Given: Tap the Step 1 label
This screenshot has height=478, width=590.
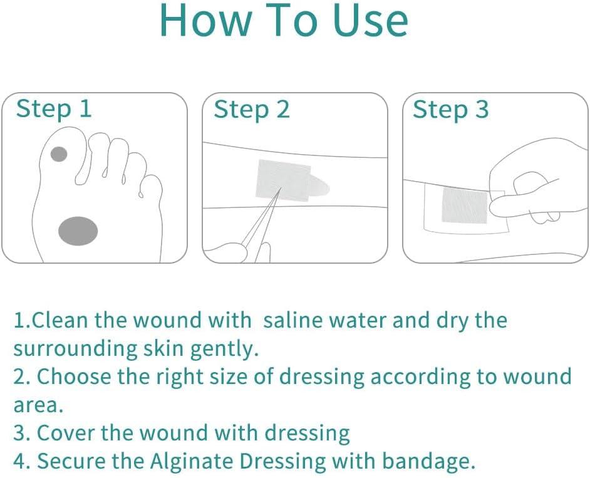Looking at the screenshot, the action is click(x=54, y=109).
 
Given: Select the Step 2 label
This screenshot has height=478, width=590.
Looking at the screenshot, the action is click(x=252, y=110).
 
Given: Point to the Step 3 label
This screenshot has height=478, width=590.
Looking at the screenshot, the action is click(x=450, y=110).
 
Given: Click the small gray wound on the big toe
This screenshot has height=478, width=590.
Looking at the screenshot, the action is click(x=59, y=154).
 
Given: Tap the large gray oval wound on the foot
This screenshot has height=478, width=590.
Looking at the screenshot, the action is click(x=78, y=231).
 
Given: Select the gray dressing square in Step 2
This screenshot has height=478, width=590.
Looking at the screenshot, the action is click(x=282, y=180).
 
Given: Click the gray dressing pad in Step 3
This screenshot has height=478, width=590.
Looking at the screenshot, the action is click(x=465, y=205).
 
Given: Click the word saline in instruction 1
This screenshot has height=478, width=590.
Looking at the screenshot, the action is click(x=292, y=320).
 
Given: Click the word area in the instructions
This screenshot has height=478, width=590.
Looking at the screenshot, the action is click(x=38, y=405).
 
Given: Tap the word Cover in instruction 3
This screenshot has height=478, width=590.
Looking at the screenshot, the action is click(x=66, y=433).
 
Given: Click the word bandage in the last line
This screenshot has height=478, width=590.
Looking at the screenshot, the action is click(x=428, y=462).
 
